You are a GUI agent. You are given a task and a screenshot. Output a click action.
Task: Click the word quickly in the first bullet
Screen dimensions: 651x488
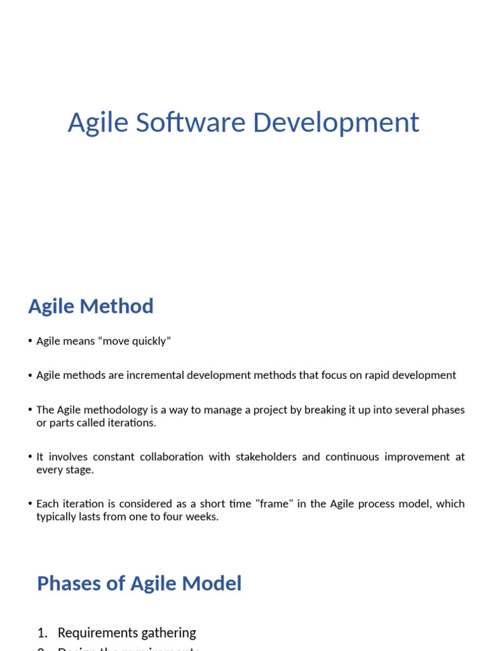[x=151, y=341]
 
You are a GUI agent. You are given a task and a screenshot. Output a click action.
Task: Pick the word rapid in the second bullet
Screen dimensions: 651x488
[x=369, y=375]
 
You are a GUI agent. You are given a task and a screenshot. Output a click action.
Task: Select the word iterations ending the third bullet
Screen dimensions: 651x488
[x=132, y=423]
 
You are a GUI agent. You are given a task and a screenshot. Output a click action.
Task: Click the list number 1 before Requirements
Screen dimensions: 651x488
[x=42, y=633]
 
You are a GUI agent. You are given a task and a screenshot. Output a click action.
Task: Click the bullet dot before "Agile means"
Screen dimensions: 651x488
[x=30, y=341]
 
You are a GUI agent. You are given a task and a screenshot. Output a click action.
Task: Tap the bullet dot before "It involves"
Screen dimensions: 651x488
[x=30, y=456]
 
